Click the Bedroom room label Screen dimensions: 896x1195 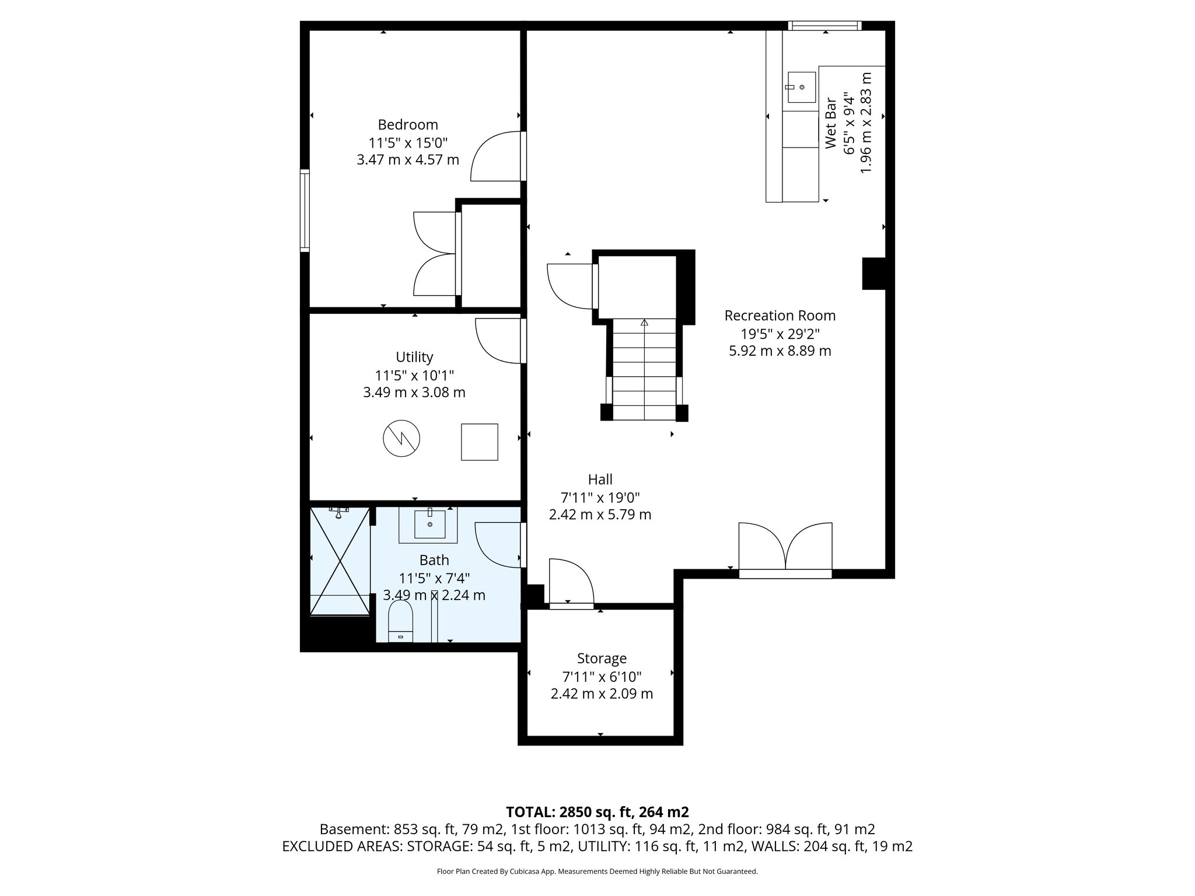pos(408,124)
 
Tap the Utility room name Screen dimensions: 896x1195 pos(414,356)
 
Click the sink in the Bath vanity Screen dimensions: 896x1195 pos(430,523)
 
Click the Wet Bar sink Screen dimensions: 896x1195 pos(801,87)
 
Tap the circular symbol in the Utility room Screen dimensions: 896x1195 pos(401,438)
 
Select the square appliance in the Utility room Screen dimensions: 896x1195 pos(480,442)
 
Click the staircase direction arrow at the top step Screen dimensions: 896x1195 pos(644,322)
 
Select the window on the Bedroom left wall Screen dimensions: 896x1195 pos(305,210)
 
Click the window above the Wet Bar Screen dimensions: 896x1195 pos(824,25)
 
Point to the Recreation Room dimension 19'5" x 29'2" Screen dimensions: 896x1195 pos(780,334)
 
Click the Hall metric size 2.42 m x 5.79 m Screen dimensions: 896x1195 pos(600,514)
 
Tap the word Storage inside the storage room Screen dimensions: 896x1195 pos(602,658)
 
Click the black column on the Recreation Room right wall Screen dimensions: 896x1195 pos(873,274)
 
